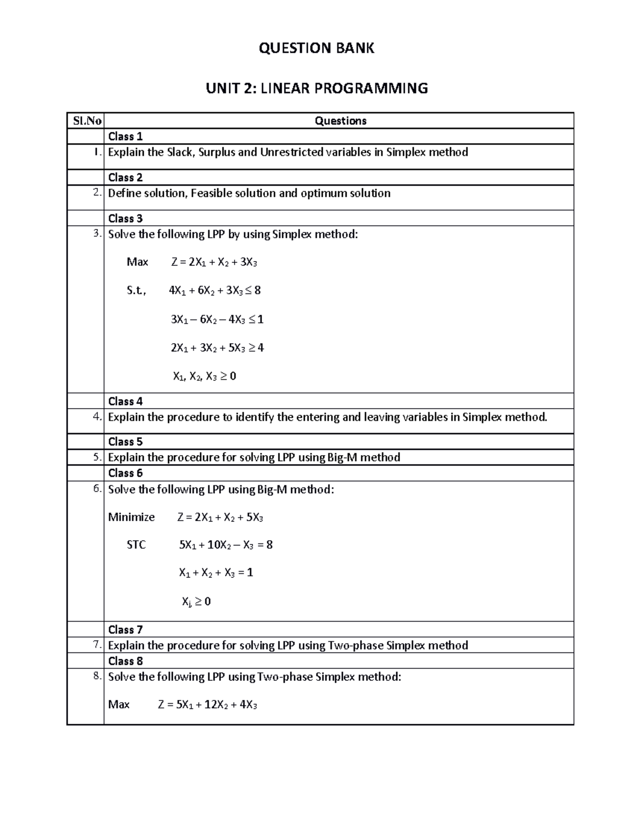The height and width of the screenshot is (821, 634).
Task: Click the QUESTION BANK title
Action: (316, 48)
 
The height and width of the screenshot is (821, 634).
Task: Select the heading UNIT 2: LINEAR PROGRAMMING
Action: (316, 88)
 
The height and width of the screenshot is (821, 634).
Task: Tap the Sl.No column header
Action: (87, 121)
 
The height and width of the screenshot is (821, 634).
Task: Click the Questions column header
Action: (340, 121)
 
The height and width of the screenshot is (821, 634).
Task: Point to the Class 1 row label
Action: (125, 136)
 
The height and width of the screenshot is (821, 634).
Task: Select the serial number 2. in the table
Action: (97, 193)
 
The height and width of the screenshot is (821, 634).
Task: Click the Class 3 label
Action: (125, 218)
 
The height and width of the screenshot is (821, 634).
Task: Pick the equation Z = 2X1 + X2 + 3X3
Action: (214, 262)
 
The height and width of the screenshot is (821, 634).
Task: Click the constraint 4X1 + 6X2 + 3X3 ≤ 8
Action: (215, 290)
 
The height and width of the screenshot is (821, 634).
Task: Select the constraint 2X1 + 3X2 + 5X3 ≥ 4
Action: (217, 348)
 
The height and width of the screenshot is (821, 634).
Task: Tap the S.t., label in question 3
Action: (136, 291)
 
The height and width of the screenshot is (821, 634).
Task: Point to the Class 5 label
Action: (125, 441)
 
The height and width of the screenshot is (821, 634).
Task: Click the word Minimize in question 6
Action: (132, 517)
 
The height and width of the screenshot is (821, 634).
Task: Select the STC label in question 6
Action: (136, 545)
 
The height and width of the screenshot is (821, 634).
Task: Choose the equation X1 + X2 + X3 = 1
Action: (216, 573)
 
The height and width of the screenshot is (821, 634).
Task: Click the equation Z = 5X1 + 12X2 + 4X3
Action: (207, 705)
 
